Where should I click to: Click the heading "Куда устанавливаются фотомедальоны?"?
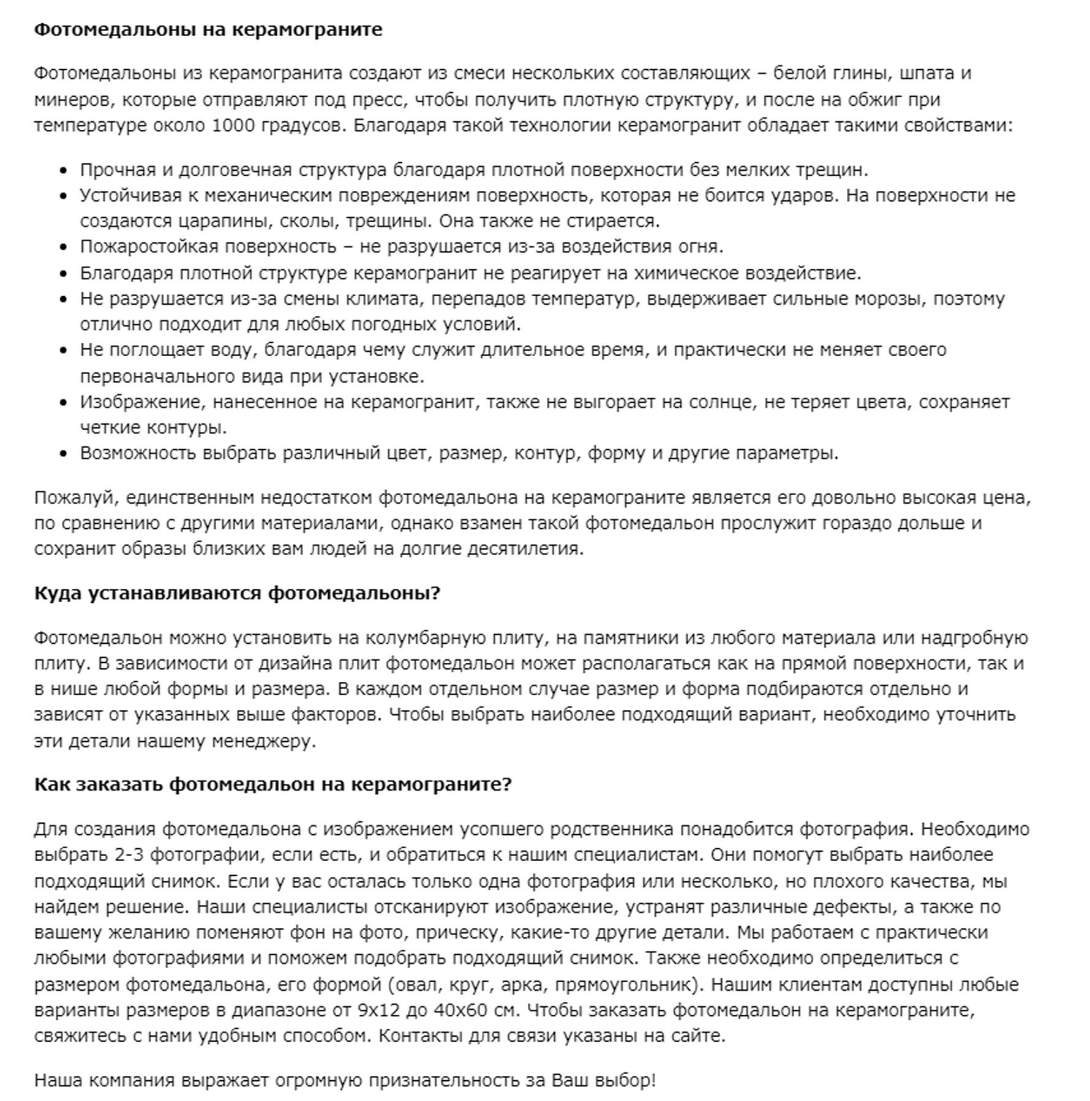[237, 593]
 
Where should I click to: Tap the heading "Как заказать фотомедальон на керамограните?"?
[272, 784]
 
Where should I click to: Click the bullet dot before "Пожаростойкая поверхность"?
[64, 247]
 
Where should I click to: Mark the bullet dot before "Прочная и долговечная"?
[64, 170]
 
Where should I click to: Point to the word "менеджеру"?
[263, 741]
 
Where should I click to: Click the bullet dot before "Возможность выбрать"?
[64, 453]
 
